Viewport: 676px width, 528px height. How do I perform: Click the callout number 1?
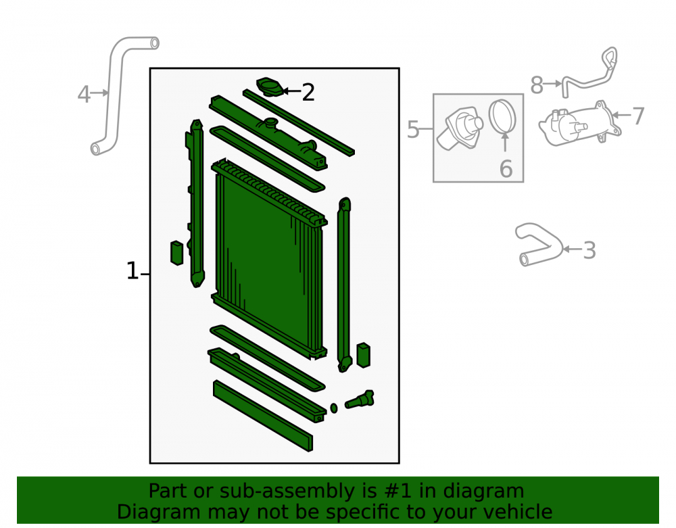point(132,271)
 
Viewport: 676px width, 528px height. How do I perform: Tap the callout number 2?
point(308,92)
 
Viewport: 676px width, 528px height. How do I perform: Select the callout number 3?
point(589,250)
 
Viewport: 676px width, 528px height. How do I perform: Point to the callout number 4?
point(84,95)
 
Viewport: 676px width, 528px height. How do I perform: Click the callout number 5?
point(413,129)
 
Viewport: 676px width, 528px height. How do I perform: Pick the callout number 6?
point(506,168)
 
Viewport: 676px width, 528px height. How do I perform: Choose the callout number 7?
point(638,116)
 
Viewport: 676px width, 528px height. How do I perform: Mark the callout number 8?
point(537,85)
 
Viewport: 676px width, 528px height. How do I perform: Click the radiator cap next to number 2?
point(270,87)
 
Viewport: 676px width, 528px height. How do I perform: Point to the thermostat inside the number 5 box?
point(460,128)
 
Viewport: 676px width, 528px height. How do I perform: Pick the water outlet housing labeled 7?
point(580,124)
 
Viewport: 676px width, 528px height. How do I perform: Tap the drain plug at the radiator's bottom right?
point(360,400)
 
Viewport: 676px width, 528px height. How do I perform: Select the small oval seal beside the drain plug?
point(334,408)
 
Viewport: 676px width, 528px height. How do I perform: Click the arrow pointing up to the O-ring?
point(505,142)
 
